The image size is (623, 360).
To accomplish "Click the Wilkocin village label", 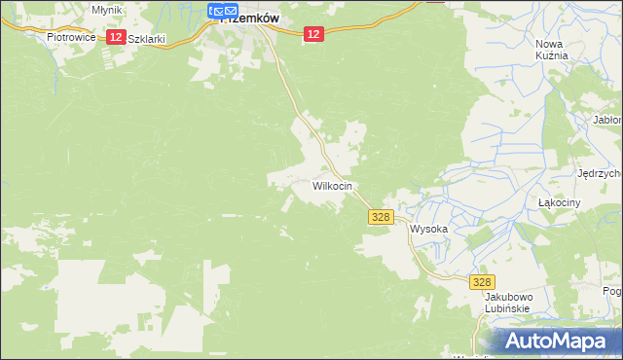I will click(x=332, y=185).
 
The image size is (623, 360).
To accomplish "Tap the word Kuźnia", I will click(x=551, y=55).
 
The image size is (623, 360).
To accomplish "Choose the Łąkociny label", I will click(x=559, y=202).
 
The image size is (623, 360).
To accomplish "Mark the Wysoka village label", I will click(x=428, y=230).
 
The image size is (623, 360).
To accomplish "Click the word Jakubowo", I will click(x=506, y=297).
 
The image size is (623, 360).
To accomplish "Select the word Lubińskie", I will click(x=506, y=308).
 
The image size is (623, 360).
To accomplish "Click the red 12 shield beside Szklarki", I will click(x=115, y=37).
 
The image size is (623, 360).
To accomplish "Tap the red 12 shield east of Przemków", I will click(x=311, y=34).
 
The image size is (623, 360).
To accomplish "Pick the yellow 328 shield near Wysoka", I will click(x=381, y=219).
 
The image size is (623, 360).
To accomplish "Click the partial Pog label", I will click(x=612, y=291).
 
